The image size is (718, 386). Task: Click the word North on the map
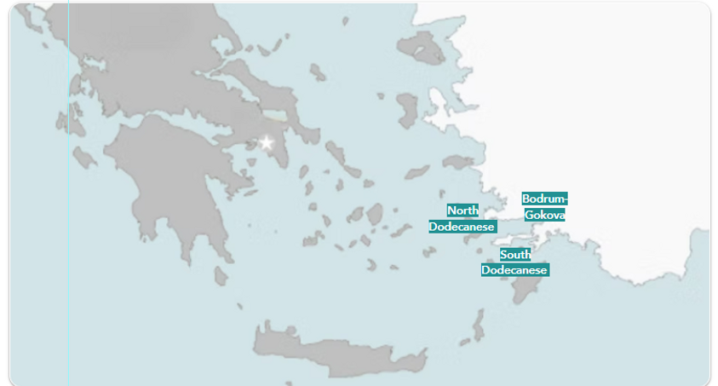pyautogui.click(x=462, y=210)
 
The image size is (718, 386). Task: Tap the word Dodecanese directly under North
pyautogui.click(x=462, y=227)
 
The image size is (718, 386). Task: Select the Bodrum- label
pyautogui.click(x=544, y=199)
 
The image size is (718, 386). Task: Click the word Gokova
pyautogui.click(x=544, y=215)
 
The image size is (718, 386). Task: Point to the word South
pyautogui.click(x=515, y=254)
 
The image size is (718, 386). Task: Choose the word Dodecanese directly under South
pyautogui.click(x=514, y=270)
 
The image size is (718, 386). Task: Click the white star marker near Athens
pyautogui.click(x=267, y=142)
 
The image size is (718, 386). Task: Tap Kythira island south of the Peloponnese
pyautogui.click(x=221, y=275)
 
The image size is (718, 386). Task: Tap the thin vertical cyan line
pyautogui.click(x=69, y=256)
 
